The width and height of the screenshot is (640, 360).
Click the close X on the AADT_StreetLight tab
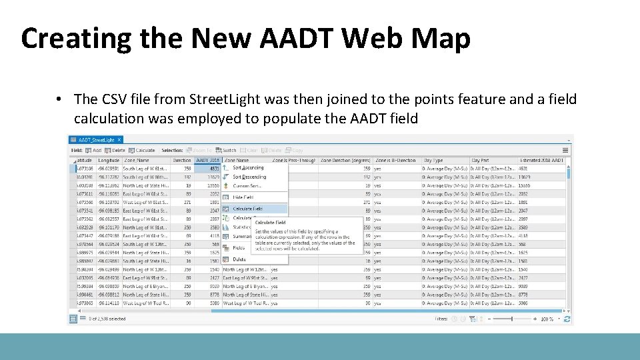[x=119, y=140]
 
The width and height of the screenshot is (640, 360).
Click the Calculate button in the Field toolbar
[x=142, y=150]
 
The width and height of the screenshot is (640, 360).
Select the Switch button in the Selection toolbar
[x=226, y=150]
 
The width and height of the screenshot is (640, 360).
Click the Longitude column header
[x=109, y=160]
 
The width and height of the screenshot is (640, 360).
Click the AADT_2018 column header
[x=207, y=160]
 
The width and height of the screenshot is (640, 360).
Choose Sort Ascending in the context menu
[x=248, y=168]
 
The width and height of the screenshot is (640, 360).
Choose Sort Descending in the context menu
[x=249, y=177]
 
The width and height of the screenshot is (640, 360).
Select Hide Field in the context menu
[x=243, y=197]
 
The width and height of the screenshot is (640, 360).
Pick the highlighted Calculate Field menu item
[x=247, y=209]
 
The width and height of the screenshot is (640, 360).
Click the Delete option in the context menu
[x=239, y=259]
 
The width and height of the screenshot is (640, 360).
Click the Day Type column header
[x=434, y=160]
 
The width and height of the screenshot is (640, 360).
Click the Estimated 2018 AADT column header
[x=541, y=160]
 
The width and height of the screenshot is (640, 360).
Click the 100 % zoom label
[x=547, y=319]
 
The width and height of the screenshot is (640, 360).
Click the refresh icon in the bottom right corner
[x=566, y=319]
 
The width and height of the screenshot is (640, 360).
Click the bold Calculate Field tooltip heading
[x=270, y=223]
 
